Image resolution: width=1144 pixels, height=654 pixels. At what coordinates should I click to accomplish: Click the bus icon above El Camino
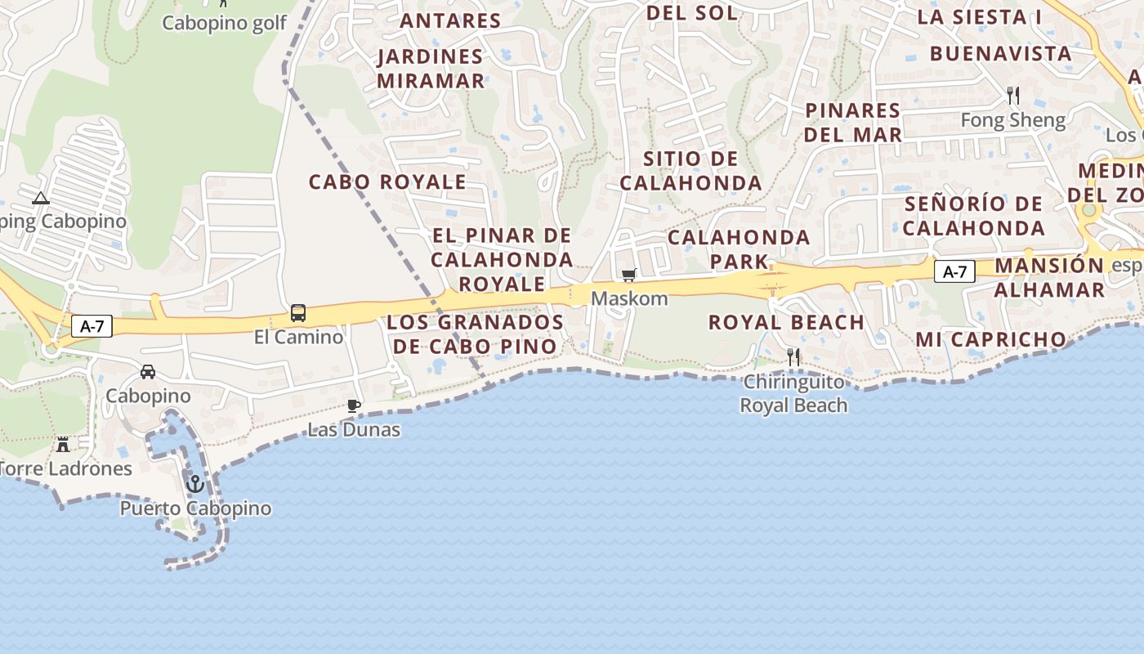pos(298,313)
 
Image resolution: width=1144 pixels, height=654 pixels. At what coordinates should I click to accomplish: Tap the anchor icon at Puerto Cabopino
pos(194,484)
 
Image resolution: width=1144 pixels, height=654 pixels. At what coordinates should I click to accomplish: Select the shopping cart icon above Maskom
pos(628,275)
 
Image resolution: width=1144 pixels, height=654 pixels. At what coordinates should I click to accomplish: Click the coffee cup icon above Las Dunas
pos(354,405)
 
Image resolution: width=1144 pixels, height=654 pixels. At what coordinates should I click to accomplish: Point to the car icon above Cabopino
pos(148,372)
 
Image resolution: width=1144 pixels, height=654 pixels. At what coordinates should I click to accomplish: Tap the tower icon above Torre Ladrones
pos(63,445)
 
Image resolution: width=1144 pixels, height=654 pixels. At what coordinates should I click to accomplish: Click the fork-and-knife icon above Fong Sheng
pos(1013,96)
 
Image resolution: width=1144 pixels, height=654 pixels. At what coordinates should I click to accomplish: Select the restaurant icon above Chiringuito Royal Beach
pos(793,356)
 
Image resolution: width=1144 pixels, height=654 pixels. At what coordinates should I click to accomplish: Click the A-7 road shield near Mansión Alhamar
pos(954,271)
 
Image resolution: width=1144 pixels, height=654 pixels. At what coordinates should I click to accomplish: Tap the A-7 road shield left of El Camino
pos(92,326)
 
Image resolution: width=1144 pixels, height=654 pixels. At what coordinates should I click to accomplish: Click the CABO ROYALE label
pos(387,181)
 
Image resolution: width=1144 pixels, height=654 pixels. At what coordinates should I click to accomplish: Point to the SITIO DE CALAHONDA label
pos(690,171)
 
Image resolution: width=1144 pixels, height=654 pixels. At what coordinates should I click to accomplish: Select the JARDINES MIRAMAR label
pos(431,69)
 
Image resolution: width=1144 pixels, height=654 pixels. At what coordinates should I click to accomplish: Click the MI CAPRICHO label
pos(990,339)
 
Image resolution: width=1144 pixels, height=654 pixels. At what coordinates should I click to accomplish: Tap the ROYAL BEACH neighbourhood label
pos(786,322)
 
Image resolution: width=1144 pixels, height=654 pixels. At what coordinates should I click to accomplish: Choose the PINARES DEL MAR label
pos(853,123)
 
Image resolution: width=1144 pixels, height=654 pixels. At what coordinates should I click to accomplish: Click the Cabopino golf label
pos(224,23)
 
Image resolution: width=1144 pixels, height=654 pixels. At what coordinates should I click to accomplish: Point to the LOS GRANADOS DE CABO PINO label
pos(475,334)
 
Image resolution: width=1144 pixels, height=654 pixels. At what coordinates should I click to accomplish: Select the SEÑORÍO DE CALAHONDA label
pos(973,216)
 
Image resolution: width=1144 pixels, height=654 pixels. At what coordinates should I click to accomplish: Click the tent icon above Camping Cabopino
pos(41,198)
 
